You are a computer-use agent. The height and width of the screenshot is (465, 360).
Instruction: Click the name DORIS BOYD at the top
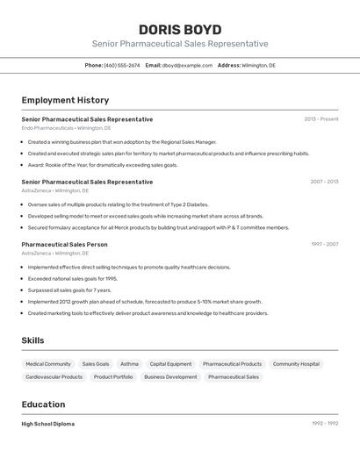[180, 29]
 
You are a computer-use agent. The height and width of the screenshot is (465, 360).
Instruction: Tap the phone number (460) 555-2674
[121, 65]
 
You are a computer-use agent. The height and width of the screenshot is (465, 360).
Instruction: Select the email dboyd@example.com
[187, 65]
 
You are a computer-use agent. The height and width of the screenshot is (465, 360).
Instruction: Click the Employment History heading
[65, 100]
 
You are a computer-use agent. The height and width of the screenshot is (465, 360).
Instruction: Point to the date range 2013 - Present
[320, 119]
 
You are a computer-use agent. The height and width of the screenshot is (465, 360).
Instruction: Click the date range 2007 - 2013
[324, 182]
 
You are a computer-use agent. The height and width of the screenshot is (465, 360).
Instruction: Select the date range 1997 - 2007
[324, 244]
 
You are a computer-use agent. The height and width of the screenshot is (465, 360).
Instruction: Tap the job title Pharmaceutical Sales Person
[64, 244]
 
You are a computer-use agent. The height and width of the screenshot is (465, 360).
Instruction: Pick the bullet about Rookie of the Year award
[102, 165]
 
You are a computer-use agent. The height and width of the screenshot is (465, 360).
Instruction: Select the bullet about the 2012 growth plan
[144, 302]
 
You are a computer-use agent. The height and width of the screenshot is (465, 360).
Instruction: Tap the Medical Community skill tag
[48, 363]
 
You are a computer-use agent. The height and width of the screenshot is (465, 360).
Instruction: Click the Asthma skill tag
[129, 363]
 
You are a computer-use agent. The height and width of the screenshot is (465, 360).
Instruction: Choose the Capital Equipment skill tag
[170, 363]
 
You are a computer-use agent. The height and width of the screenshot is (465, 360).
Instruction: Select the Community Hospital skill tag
[296, 363]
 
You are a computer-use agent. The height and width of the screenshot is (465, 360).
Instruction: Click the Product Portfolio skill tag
[113, 376]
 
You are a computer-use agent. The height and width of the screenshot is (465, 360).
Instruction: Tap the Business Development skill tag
[170, 376]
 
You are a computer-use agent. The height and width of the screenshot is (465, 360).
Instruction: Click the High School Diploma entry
[47, 424]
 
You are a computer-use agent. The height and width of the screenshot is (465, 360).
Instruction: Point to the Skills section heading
[32, 340]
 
